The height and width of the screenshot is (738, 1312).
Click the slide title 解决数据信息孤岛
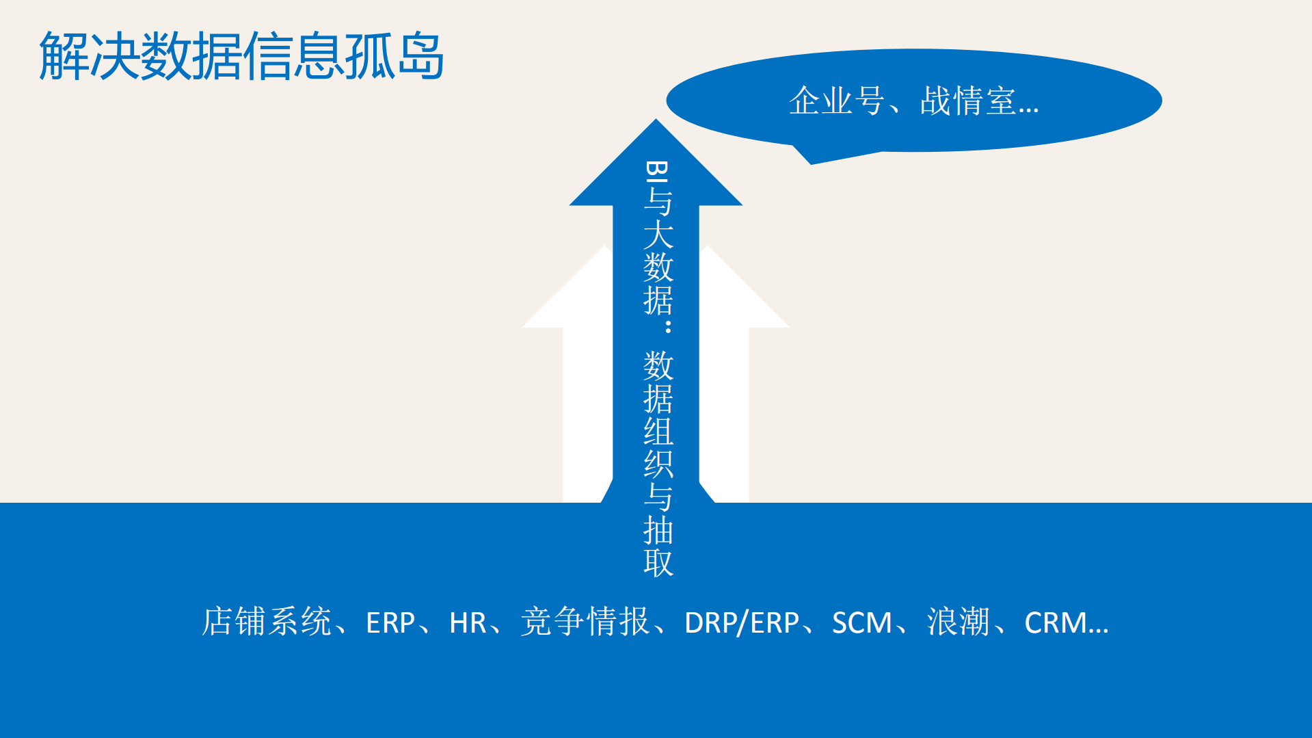pyautogui.click(x=241, y=56)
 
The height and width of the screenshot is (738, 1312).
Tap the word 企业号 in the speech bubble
pyautogui.click(x=836, y=101)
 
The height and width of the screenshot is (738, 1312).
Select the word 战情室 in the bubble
pyautogui.click(x=967, y=101)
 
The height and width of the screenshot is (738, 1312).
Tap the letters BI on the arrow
pyautogui.click(x=657, y=171)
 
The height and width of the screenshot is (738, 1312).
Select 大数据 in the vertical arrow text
pyautogui.click(x=658, y=267)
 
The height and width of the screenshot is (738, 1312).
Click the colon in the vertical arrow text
pyautogui.click(x=667, y=326)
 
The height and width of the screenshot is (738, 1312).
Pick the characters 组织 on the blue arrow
pyautogui.click(x=658, y=448)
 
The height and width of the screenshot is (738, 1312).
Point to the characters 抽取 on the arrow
pyautogui.click(x=658, y=547)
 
